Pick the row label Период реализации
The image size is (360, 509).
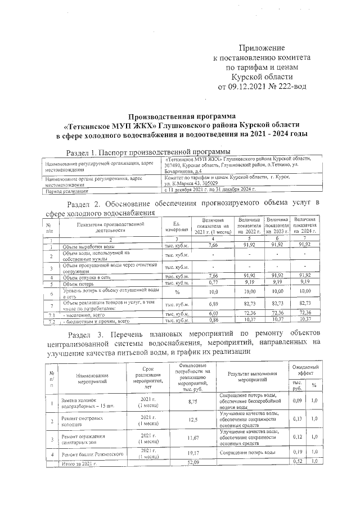61,192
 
